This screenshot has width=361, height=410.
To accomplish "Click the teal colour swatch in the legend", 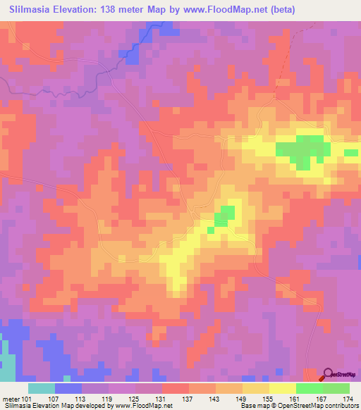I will (x=42, y=388).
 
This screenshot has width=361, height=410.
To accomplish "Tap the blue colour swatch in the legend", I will (x=68, y=388).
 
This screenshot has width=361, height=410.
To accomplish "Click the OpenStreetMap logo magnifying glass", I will (x=329, y=375).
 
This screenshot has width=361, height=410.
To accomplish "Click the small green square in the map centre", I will (x=224, y=215).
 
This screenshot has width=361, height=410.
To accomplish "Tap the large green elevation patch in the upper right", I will (x=303, y=149).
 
